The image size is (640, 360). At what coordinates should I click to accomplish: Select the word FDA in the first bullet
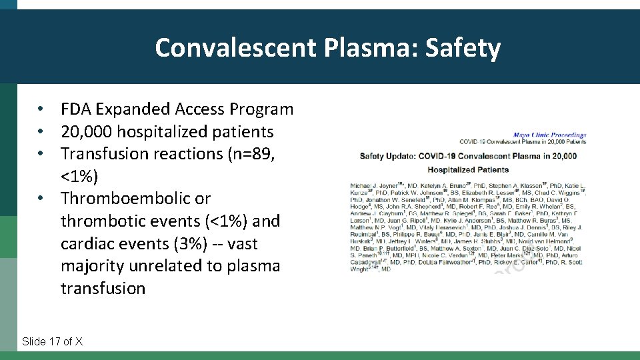coord(77,109)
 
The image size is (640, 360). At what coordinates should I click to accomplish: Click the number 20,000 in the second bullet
coord(86,131)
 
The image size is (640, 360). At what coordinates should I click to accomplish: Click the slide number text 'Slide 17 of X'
coord(53,341)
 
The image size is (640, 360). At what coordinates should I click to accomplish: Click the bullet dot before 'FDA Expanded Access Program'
coord(41,109)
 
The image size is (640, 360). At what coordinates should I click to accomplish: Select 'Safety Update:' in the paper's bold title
coord(388,156)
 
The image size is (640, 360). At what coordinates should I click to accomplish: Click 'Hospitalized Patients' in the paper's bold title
coord(468,169)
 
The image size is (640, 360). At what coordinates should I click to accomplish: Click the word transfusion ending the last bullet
coord(103,289)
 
